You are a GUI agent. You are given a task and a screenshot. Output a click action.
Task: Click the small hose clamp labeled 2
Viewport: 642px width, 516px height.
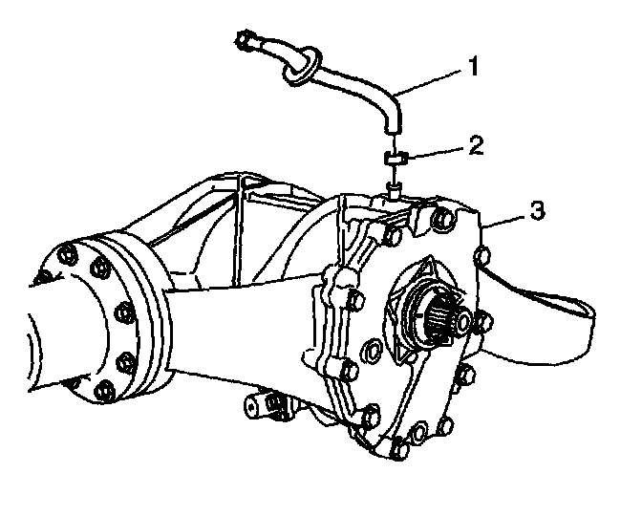tap(396, 157)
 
